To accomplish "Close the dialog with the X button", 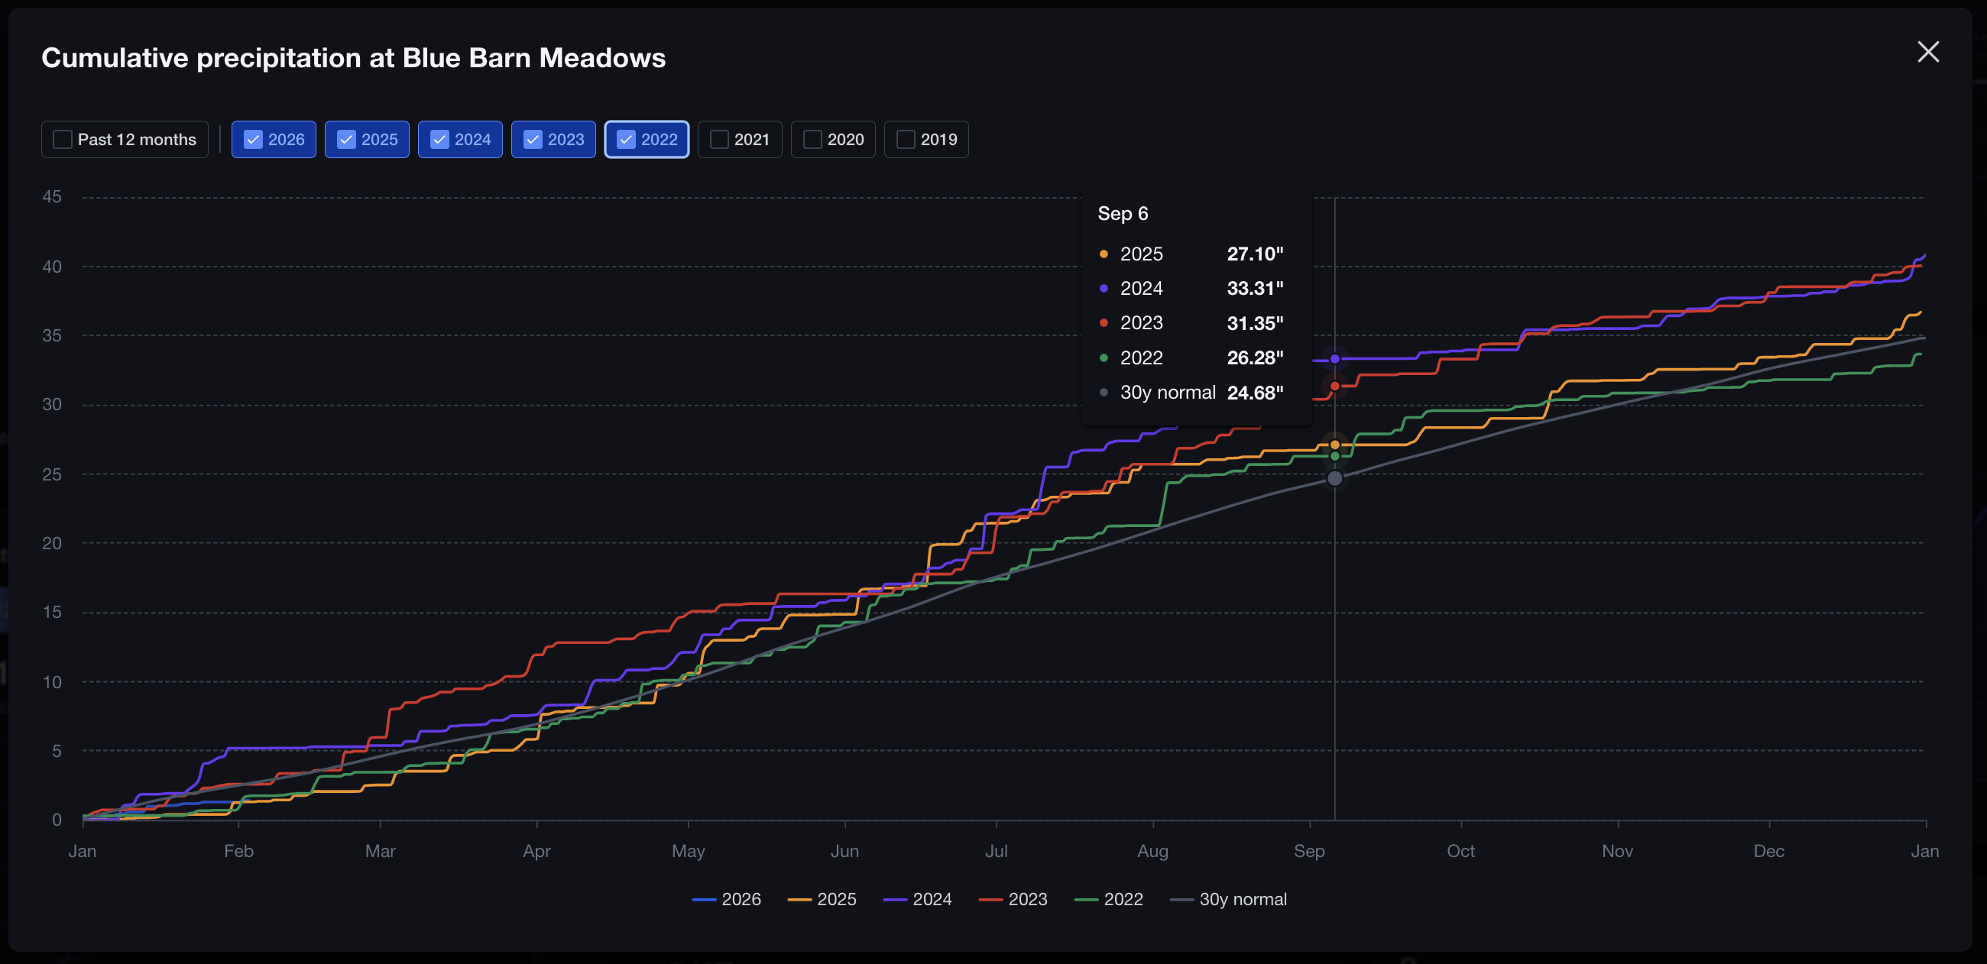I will pyautogui.click(x=1927, y=52).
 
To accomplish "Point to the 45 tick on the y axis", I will pyautogui.click(x=52, y=196).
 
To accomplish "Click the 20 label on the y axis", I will pyautogui.click(x=52, y=543).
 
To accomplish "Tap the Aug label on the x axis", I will pyautogui.click(x=1152, y=851).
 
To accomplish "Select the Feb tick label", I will pyautogui.click(x=238, y=851).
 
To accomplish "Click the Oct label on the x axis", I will pyautogui.click(x=1460, y=851).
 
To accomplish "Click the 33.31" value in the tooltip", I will pyautogui.click(x=1255, y=289).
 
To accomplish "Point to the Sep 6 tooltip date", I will pyautogui.click(x=1123, y=214).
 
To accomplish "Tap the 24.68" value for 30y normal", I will pyautogui.click(x=1255, y=393).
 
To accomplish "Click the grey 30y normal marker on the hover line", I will pyautogui.click(x=1334, y=479).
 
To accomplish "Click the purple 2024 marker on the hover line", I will pyautogui.click(x=1334, y=358).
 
